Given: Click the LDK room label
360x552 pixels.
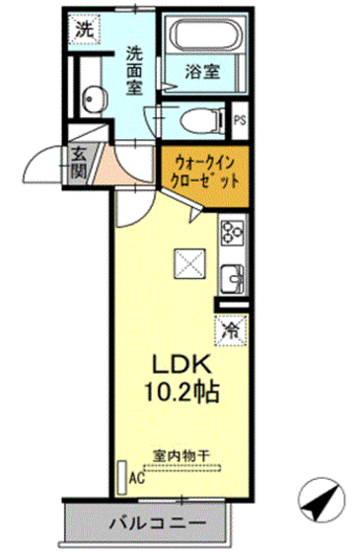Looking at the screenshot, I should tap(177, 363).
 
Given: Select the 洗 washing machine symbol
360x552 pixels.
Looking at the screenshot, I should tap(85, 30).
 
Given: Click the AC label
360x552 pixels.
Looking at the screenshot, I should tap(137, 483).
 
